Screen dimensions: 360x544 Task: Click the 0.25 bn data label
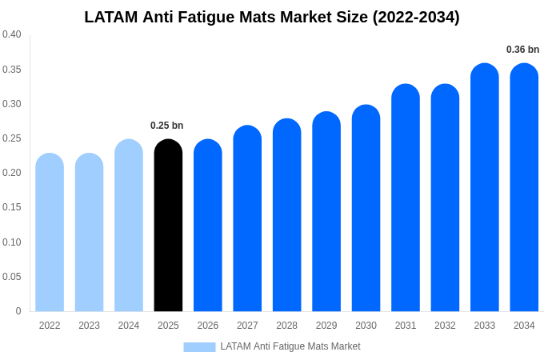(x=167, y=126)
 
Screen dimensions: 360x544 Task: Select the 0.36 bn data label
(x=522, y=50)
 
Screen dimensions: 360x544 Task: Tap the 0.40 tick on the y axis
(x=12, y=34)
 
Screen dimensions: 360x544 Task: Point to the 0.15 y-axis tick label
(x=12, y=207)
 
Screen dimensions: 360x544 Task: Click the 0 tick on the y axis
(x=18, y=311)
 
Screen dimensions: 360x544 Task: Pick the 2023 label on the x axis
(x=89, y=326)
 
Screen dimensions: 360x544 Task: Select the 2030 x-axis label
(x=366, y=326)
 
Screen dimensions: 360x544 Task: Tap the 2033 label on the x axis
(x=484, y=326)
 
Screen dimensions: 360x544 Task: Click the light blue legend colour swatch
(x=199, y=346)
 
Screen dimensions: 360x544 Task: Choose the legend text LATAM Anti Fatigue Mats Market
(x=290, y=346)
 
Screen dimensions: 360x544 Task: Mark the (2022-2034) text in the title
(x=416, y=17)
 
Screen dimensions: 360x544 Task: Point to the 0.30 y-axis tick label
(x=12, y=104)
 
